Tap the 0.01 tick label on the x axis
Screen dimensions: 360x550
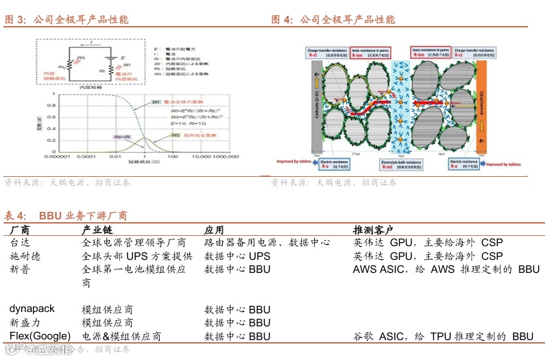pos(114,157)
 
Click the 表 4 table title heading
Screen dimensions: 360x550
pos(66,215)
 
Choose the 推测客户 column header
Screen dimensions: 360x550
pos(373,229)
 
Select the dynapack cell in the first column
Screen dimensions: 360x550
pos(32,309)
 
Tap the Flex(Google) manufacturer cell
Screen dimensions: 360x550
pos(40,336)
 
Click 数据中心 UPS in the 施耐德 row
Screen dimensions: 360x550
pos(237,256)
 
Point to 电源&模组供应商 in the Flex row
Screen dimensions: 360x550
pos(121,336)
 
